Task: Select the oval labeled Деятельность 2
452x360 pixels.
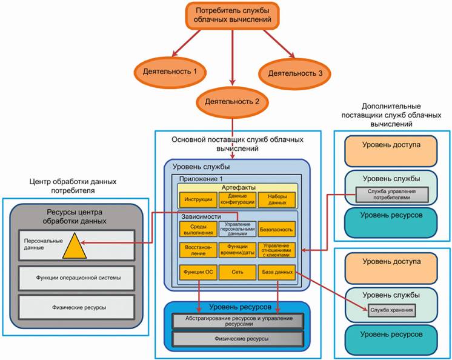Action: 231,100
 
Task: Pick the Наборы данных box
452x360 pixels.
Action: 276,200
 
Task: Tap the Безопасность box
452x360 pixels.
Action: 276,230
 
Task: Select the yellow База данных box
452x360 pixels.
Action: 276,272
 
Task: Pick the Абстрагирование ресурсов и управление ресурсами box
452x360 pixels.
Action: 238,321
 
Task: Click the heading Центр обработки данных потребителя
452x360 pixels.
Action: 72,187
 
